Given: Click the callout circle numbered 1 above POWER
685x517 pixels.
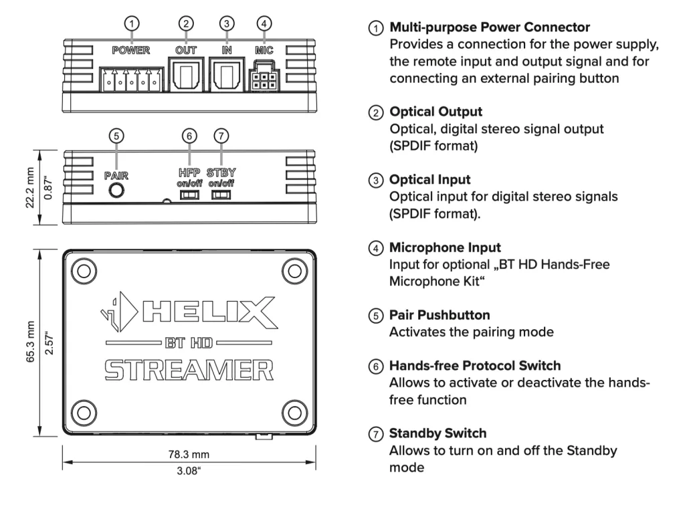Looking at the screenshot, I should click(133, 23).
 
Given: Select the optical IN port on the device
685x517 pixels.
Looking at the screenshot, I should click(227, 72).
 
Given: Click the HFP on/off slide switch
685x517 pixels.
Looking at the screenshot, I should click(191, 195).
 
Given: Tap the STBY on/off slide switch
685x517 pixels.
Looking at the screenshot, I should click(221, 195).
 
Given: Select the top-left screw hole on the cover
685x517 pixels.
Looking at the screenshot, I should click(84, 270).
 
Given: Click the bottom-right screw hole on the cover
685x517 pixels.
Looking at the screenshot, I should click(294, 411).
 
